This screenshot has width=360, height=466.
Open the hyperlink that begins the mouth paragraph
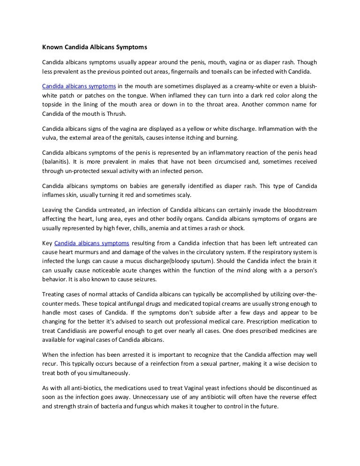(79, 87)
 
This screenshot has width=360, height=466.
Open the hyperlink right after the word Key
(91, 243)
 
